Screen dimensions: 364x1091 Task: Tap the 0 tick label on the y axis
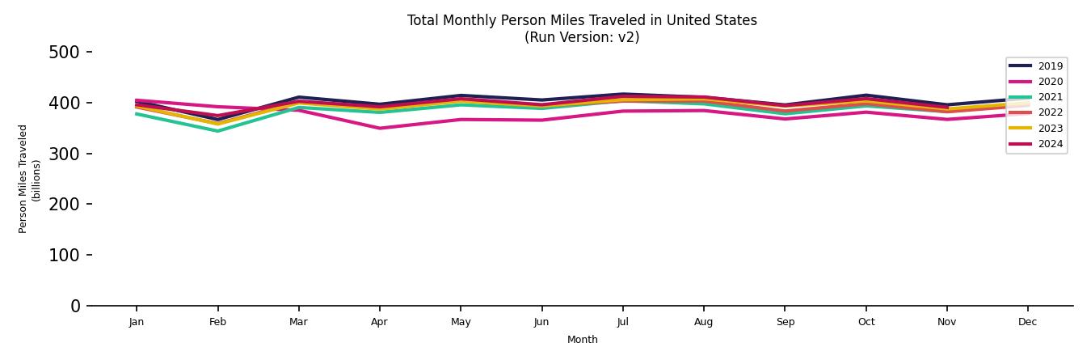[75, 306]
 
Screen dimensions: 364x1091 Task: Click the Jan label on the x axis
[137, 322]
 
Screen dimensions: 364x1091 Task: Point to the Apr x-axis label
[379, 322]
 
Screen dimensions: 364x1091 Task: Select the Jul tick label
[622, 322]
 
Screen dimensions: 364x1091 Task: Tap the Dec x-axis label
[1027, 322]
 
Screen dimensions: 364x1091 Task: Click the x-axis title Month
[582, 340]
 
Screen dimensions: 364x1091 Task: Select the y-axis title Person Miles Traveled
[23, 179]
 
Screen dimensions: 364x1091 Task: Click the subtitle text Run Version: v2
[582, 37]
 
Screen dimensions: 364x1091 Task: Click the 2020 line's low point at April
[379, 128]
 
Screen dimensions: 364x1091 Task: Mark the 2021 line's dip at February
[217, 131]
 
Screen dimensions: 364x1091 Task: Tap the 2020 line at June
[541, 120]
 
